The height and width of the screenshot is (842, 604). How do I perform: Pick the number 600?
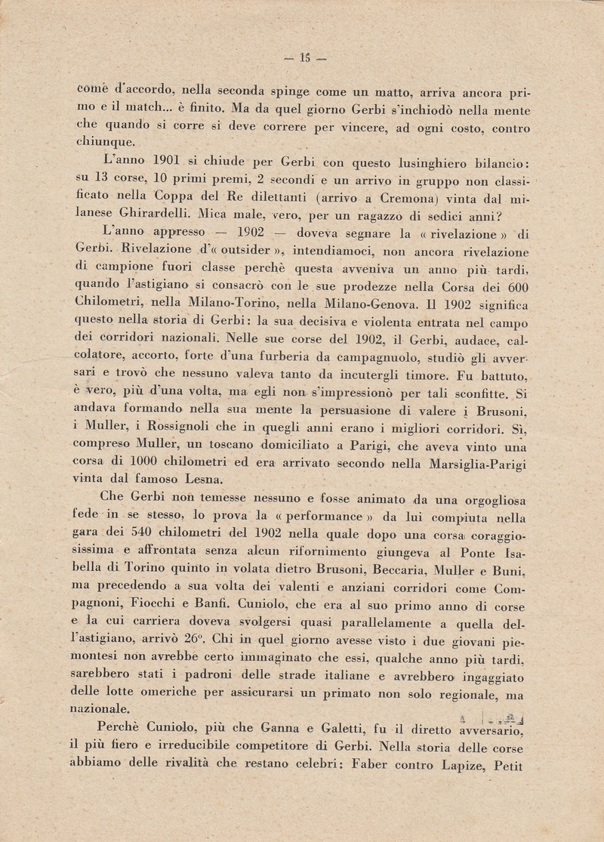point(515,286)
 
